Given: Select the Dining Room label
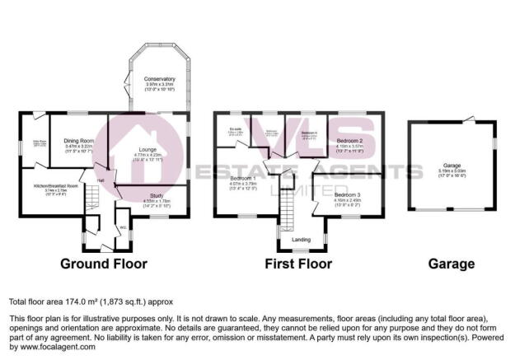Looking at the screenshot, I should (79, 141).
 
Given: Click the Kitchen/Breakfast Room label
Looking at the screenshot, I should (55, 186).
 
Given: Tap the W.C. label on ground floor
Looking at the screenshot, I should (122, 227).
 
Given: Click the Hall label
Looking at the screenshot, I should (101, 180).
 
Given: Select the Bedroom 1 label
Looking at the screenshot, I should (243, 179).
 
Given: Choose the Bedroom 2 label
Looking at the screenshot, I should (351, 141).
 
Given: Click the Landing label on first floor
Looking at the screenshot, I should (302, 240).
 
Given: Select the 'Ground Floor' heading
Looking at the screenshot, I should (103, 264).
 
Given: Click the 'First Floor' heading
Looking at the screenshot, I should (297, 264).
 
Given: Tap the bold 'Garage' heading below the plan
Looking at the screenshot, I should (451, 264).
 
